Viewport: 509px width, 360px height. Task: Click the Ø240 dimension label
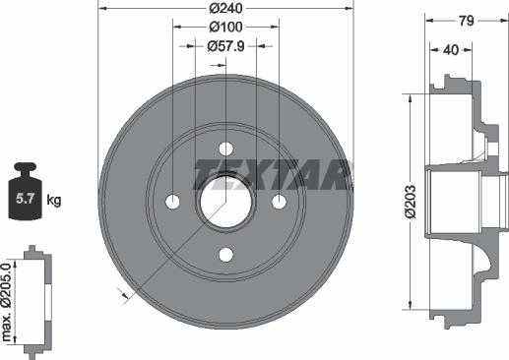click(225, 10)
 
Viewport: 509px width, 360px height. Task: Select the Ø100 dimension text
click(225, 28)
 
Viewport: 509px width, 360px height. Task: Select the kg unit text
click(53, 201)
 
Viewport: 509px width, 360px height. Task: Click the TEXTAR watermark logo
click(271, 174)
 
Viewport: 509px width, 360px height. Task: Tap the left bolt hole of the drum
click(173, 202)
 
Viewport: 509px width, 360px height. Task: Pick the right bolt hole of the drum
click(279, 202)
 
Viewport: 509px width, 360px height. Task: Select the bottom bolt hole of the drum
click(225, 255)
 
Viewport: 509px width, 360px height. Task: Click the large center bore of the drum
click(225, 202)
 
